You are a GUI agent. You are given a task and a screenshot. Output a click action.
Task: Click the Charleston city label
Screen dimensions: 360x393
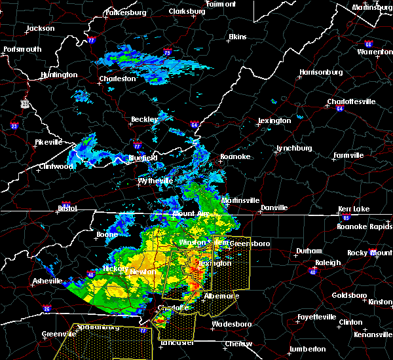[117, 79]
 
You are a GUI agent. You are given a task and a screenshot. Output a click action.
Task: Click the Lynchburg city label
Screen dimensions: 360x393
[292, 148]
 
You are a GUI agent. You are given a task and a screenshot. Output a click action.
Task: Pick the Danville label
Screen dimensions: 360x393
[274, 207]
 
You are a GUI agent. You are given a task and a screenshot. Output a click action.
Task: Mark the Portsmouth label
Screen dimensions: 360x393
[22, 49]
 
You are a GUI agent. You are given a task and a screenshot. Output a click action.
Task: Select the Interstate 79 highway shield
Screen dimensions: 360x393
[167, 52]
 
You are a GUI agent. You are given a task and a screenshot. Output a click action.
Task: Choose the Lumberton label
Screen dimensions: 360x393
[307, 349]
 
